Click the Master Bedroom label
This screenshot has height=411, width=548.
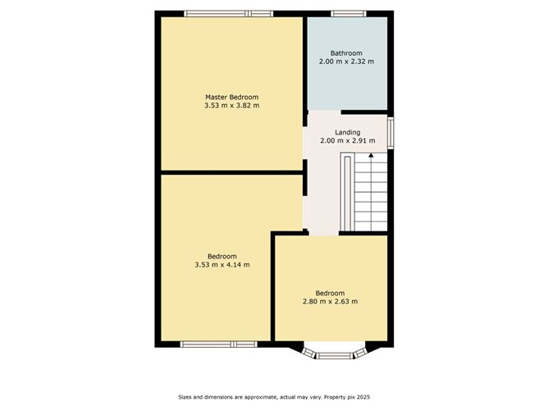pyautogui.click(x=231, y=97)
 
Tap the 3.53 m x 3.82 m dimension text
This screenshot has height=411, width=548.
pyautogui.click(x=231, y=105)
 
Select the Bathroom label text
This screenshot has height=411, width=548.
pyautogui.click(x=346, y=53)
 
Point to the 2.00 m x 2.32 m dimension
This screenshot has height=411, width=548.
pyautogui.click(x=346, y=62)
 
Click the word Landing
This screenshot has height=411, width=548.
pyautogui.click(x=347, y=132)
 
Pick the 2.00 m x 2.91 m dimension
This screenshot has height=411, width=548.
pyautogui.click(x=348, y=140)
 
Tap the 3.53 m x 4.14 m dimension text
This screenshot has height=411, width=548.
pyautogui.click(x=222, y=264)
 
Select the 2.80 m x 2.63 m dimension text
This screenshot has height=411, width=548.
pyautogui.click(x=331, y=301)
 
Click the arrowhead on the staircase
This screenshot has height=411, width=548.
pyautogui.click(x=371, y=155)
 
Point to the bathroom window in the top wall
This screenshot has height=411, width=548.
pyautogui.click(x=349, y=14)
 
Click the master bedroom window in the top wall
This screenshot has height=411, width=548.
pyautogui.click(x=229, y=14)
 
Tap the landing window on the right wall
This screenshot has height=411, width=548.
pyautogui.click(x=390, y=131)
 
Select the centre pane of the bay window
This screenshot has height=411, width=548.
pyautogui.click(x=335, y=356)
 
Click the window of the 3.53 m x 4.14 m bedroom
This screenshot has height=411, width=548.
pyautogui.click(x=219, y=345)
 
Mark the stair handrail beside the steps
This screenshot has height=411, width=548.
pyautogui.click(x=347, y=192)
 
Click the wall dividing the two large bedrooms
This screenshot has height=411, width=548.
pyautogui.click(x=231, y=172)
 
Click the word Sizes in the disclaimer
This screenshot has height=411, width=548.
pyautogui.click(x=185, y=397)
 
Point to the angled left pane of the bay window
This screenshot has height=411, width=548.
pyautogui.click(x=309, y=353)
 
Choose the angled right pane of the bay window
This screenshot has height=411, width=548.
pyautogui.click(x=360, y=353)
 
